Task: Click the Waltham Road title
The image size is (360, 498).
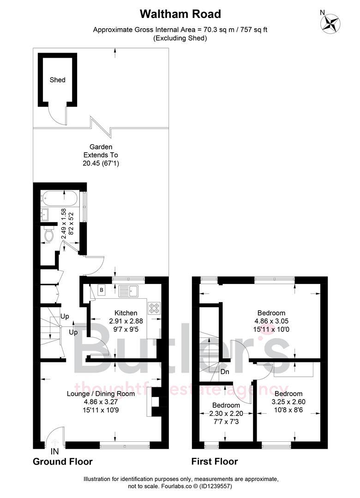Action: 180,14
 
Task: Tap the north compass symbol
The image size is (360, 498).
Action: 330,23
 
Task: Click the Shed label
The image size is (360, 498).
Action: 58,80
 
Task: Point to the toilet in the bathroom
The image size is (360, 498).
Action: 48,235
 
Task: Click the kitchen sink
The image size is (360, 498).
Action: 129,291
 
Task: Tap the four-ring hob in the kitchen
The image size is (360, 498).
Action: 153,308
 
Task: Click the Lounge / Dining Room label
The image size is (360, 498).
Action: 101,393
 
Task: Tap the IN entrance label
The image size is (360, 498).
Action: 55,451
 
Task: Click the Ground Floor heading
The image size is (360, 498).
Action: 62,462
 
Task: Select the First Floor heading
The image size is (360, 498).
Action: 215,462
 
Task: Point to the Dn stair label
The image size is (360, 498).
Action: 225,371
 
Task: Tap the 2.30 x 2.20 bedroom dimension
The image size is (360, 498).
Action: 226,401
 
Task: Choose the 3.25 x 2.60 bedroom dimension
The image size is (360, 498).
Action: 288,402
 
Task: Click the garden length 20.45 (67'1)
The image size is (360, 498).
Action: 101,163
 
